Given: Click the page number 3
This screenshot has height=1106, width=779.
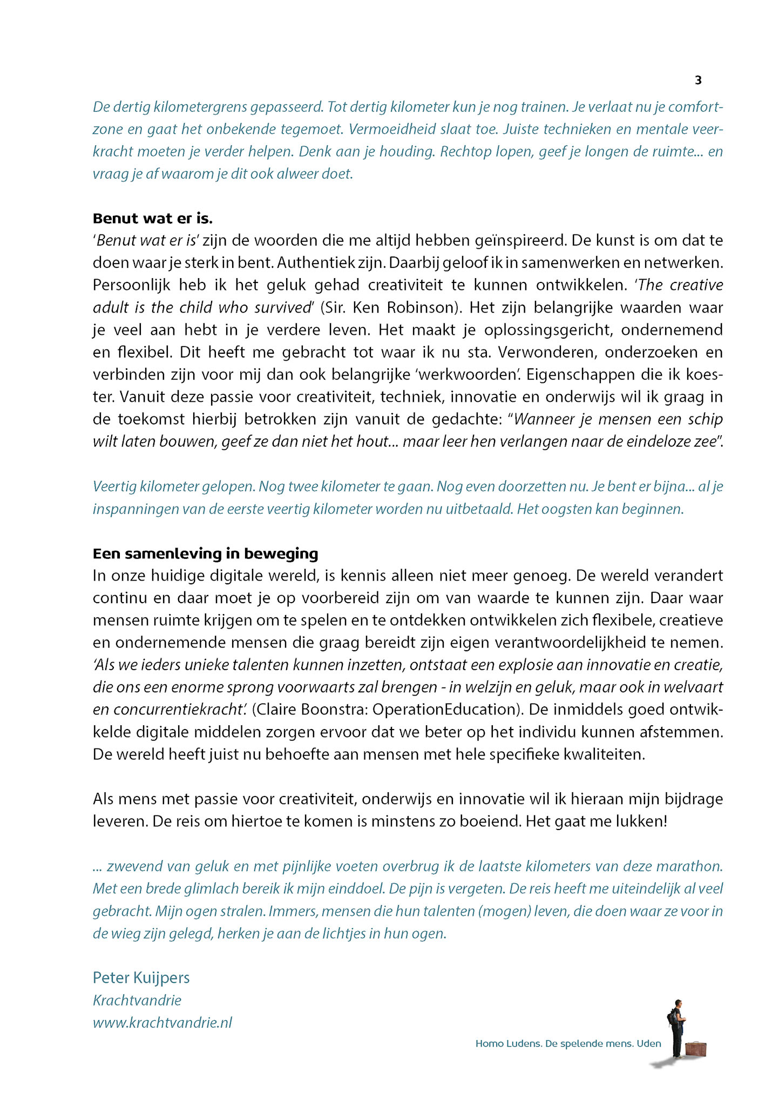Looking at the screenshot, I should coord(698,80).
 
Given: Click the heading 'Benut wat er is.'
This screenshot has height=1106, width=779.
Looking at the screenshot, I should coord(153,219).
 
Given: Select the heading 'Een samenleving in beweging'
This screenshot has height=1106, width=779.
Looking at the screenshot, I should coord(205,554).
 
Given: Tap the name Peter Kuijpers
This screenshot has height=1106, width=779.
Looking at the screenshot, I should coord(141,977).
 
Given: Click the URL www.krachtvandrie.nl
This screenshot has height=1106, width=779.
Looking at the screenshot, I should coord(162,1022).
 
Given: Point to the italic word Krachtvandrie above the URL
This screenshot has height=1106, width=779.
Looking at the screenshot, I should coord(137,1000).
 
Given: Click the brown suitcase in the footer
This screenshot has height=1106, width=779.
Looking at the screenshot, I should coord(695,1048).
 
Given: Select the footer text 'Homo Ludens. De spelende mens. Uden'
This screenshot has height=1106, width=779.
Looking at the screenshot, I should coord(568,1043).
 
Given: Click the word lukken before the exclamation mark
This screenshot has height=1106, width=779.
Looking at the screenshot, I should coord(642,821).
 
